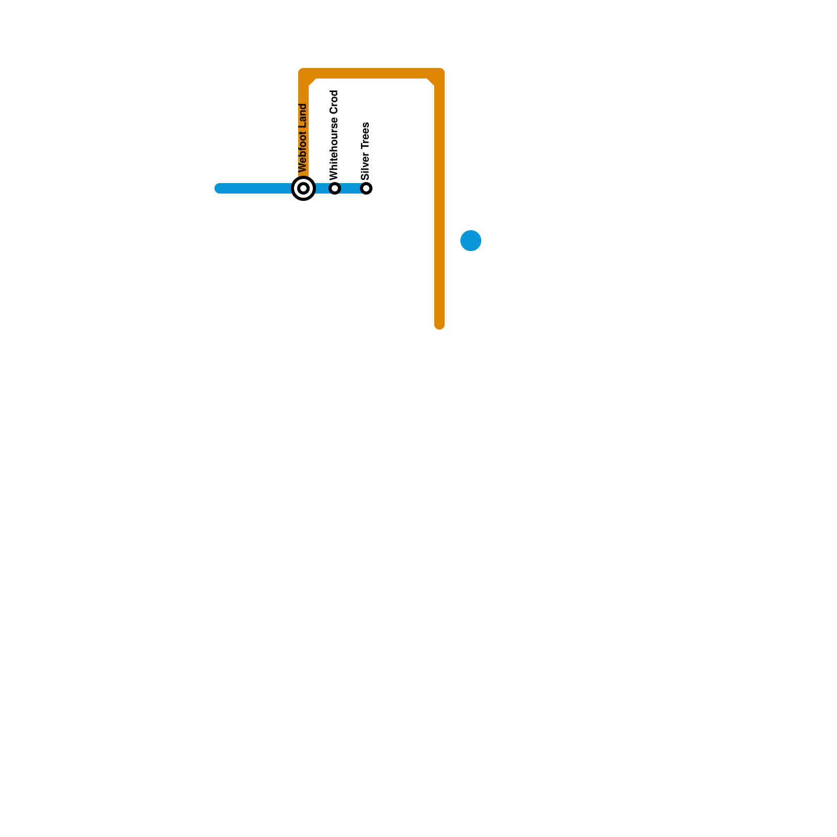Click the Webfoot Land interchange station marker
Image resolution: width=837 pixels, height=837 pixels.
pyautogui.click(x=303, y=188)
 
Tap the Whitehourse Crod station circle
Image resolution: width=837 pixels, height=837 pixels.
pyautogui.click(x=335, y=188)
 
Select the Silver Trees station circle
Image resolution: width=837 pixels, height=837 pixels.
pyautogui.click(x=367, y=188)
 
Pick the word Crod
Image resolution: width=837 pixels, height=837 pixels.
pyautogui.click(x=334, y=103)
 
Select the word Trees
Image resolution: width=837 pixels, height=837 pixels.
pyautogui.click(x=365, y=136)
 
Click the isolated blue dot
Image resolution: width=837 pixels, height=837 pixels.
pyautogui.click(x=471, y=241)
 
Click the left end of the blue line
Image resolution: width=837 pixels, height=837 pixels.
pyautogui.click(x=219, y=188)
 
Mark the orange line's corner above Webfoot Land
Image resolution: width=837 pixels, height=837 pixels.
pyautogui.click(x=304, y=74)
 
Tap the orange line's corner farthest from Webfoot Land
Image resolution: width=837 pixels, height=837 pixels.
pyautogui.click(x=439, y=74)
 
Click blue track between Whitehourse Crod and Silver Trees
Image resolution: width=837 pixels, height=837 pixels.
pyautogui.click(x=351, y=188)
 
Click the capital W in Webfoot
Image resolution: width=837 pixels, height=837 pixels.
pyautogui.click(x=302, y=168)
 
